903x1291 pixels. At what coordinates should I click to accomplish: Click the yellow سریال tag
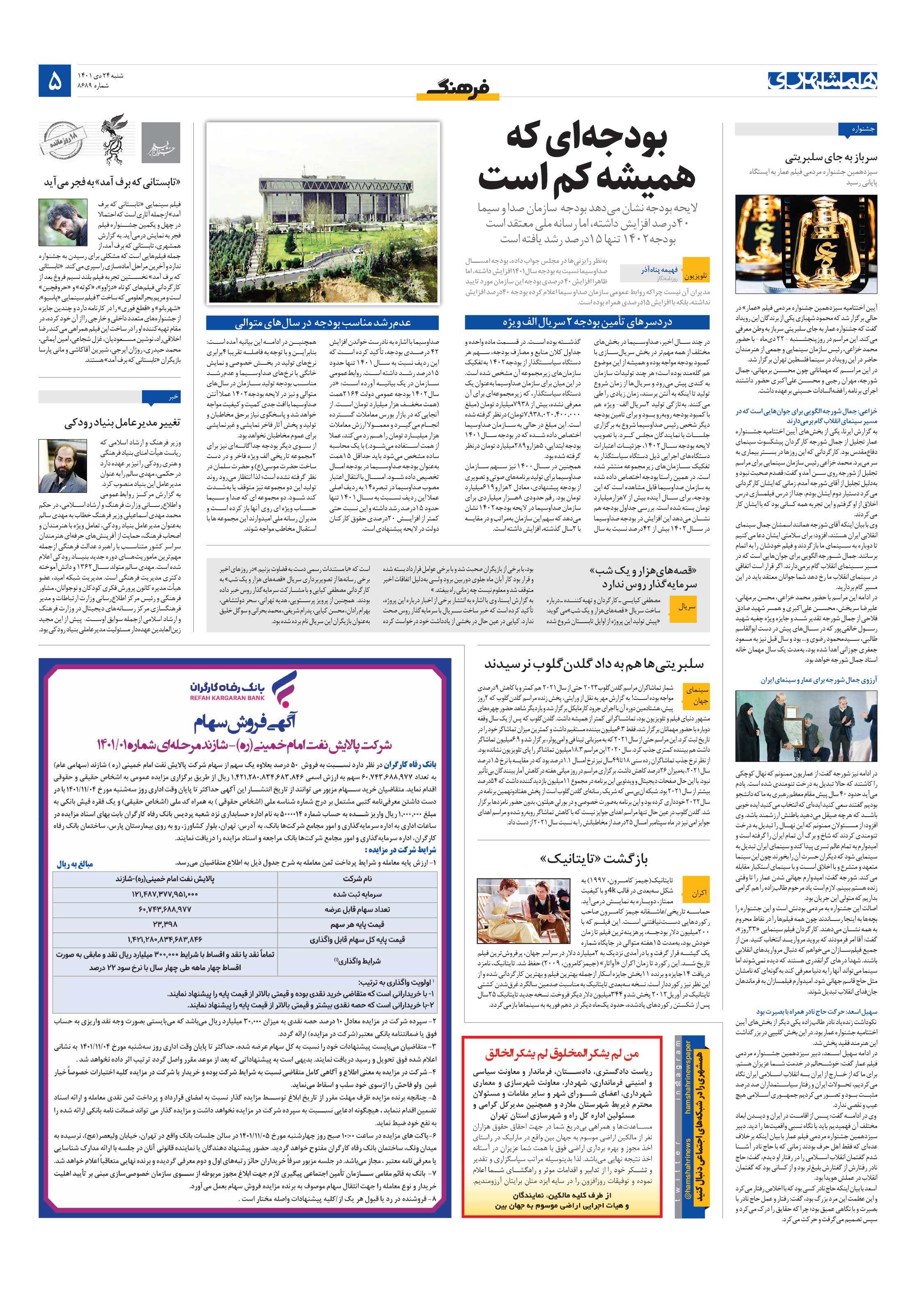686,607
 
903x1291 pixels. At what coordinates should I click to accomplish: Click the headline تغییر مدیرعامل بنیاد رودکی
130,423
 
